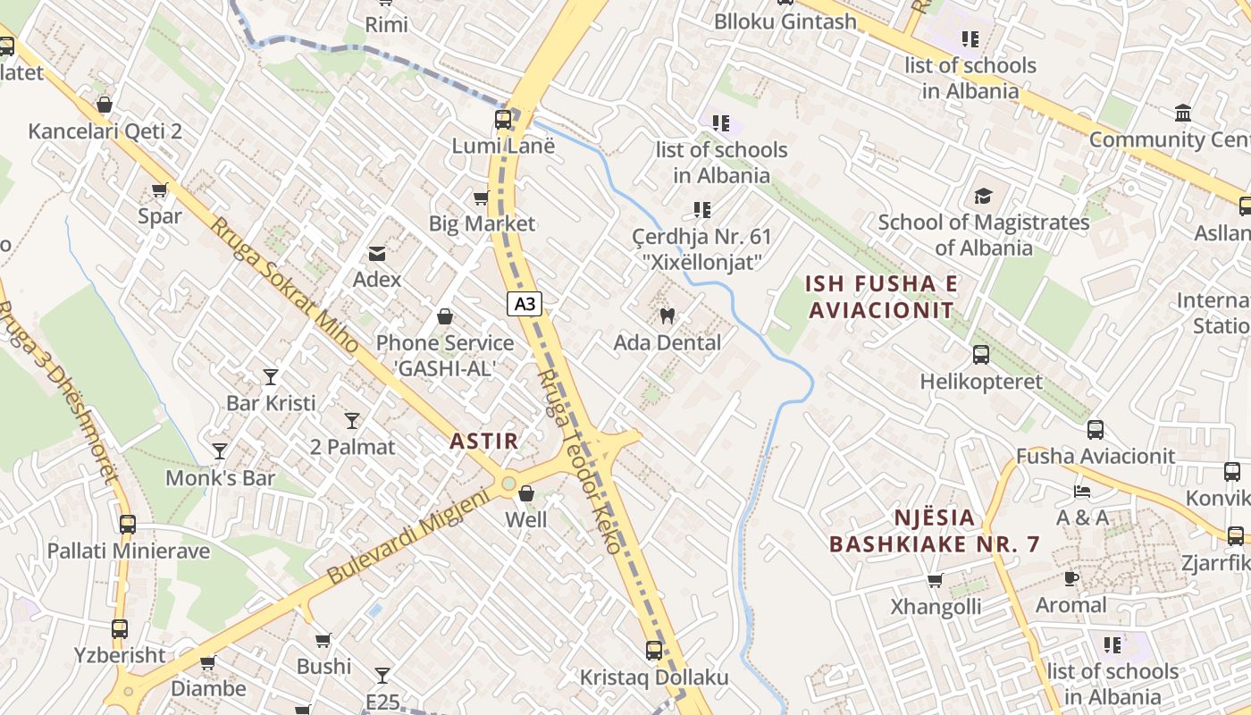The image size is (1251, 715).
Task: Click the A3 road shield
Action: tap(525, 304)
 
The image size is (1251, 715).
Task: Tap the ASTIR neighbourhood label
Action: tap(483, 441)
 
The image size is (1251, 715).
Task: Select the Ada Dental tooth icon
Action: tap(667, 315)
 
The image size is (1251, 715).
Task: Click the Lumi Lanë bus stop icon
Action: tap(503, 120)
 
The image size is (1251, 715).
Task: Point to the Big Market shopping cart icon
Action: tap(482, 198)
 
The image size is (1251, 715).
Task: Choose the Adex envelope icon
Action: tap(377, 254)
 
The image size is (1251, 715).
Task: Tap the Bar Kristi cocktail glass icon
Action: tap(271, 377)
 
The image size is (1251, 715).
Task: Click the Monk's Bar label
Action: tap(220, 478)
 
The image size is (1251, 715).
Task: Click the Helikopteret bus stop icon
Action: tap(981, 355)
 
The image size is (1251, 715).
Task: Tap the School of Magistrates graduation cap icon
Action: tap(983, 196)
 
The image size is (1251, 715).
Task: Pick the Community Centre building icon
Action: tap(1183, 114)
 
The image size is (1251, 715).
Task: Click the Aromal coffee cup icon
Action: tap(1070, 579)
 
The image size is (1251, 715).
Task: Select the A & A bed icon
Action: tap(1082, 492)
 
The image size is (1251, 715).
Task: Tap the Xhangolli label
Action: tap(936, 607)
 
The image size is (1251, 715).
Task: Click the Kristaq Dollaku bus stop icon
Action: tap(654, 651)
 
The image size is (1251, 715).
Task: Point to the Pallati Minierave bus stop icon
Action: tap(128, 525)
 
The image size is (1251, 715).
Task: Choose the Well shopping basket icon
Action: tap(526, 493)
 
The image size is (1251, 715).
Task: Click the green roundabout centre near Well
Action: tap(508, 484)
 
